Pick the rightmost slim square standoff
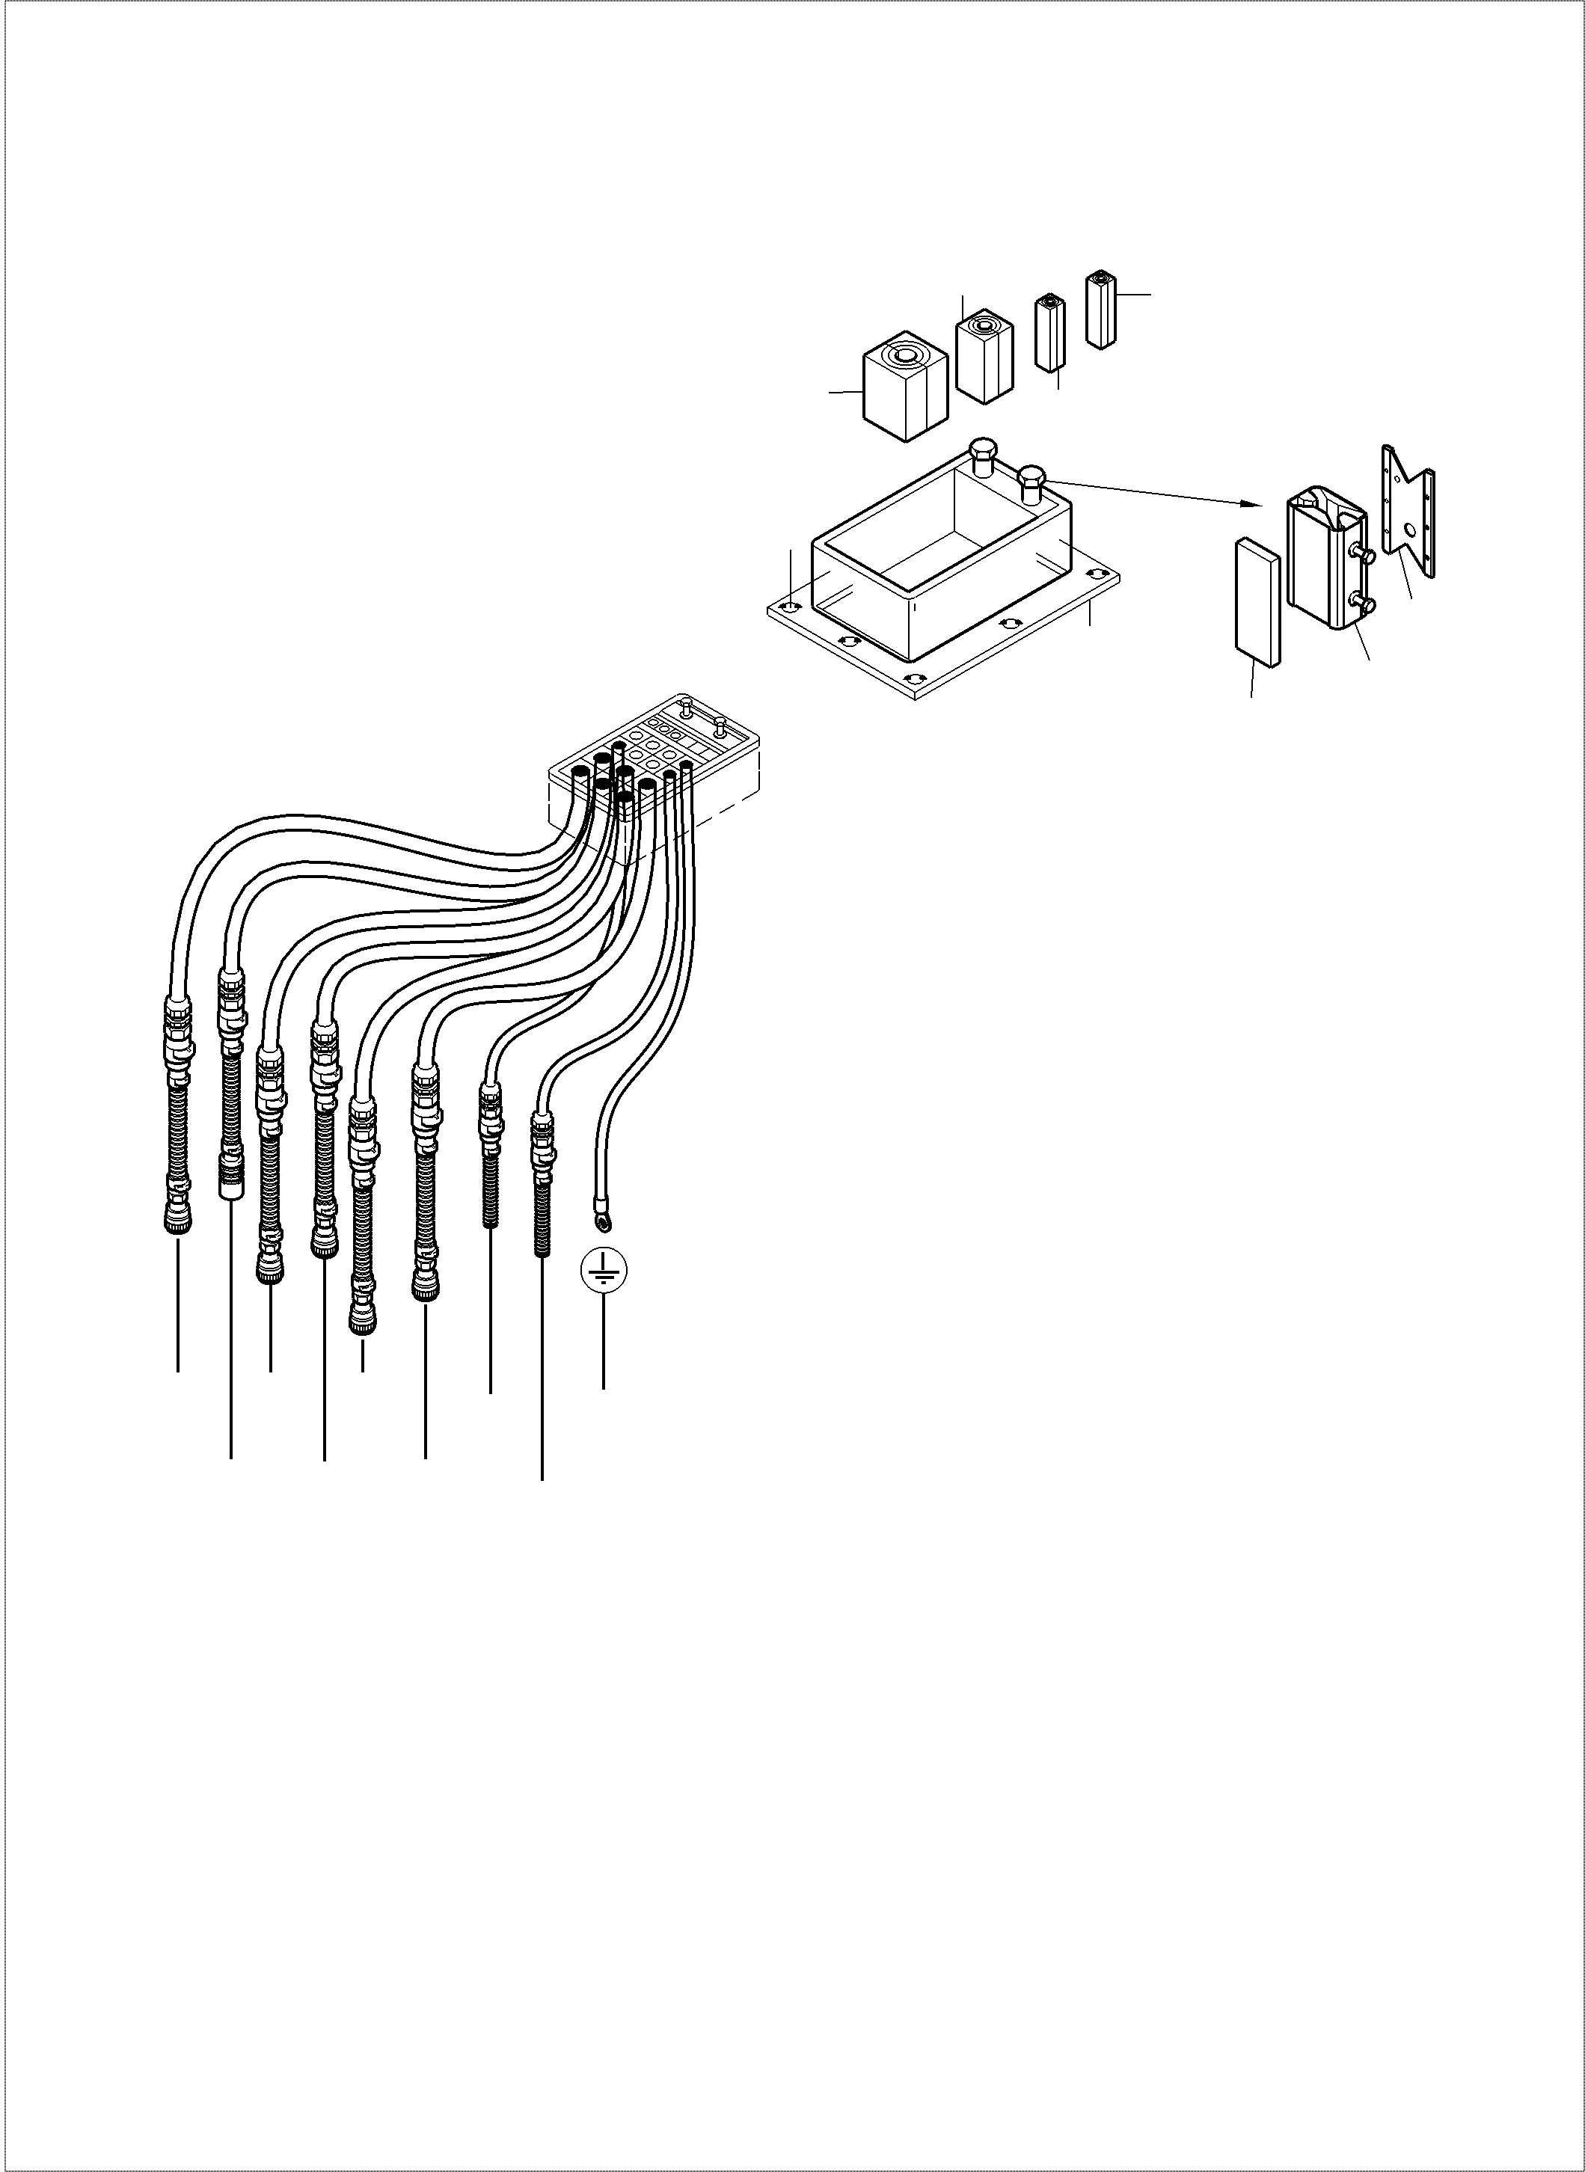pyautogui.click(x=1100, y=309)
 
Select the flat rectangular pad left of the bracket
pyautogui.click(x=1256, y=601)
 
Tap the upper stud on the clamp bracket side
pyautogui.click(x=1364, y=553)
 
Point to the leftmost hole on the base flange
pyautogui.click(x=788, y=607)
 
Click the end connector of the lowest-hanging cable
pyautogui.click(x=363, y=1327)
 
